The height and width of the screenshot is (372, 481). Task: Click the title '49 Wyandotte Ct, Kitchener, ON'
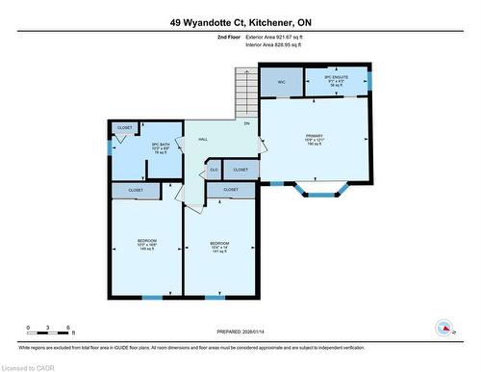pos(240,21)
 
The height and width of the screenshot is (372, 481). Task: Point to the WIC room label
pos(282,82)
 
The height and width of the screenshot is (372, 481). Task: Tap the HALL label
pos(203,140)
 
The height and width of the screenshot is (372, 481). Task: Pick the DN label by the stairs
pos(246,124)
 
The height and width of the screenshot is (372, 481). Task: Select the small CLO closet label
pos(214,170)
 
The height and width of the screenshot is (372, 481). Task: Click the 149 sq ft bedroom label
pos(146,244)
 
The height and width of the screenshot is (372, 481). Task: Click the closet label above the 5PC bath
pos(125,127)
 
